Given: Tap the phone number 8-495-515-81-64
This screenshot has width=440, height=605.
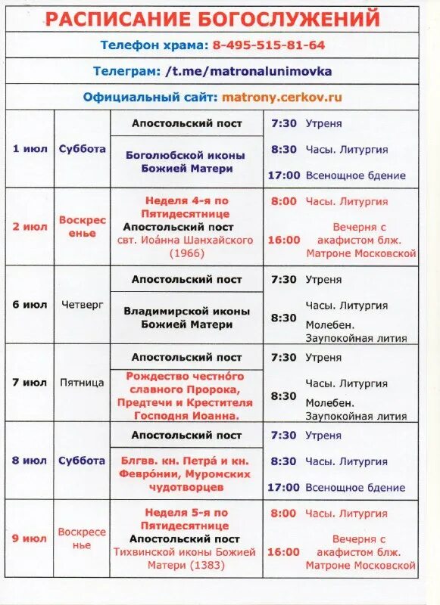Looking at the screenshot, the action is [268, 45].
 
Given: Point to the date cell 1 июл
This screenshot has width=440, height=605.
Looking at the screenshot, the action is [30, 148].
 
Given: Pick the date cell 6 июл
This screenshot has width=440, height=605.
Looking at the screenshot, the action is [30, 305].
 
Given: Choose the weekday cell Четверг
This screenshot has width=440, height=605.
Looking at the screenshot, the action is [83, 305].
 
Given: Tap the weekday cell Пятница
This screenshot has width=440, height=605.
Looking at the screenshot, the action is [83, 383].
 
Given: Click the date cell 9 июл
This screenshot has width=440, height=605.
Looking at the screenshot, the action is [30, 538].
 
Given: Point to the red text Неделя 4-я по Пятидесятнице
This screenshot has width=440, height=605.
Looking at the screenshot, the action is [186, 206].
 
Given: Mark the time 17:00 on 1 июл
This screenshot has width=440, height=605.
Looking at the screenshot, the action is [283, 175].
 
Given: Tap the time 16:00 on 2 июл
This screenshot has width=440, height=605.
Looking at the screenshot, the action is [283, 240].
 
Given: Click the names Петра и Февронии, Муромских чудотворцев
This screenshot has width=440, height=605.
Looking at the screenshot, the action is [186, 473].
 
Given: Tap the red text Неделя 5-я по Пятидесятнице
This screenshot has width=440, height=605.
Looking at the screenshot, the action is [186, 519].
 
